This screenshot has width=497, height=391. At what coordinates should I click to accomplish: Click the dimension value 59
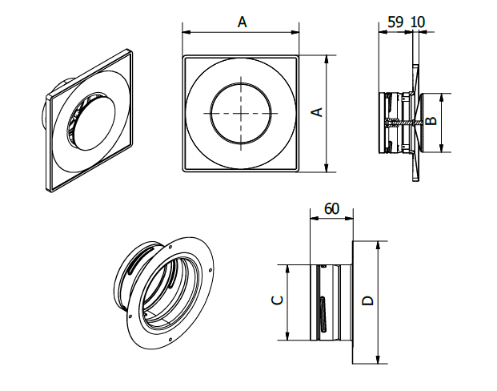point(395,22)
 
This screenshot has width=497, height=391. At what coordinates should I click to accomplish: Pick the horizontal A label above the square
point(242,22)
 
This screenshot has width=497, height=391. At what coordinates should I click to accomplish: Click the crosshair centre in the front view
point(242,113)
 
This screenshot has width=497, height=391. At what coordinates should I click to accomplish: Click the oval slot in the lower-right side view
point(322,315)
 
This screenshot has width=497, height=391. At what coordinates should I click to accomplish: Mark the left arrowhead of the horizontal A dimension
point(186,32)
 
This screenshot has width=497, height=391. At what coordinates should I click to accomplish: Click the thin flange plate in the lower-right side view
point(352,300)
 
